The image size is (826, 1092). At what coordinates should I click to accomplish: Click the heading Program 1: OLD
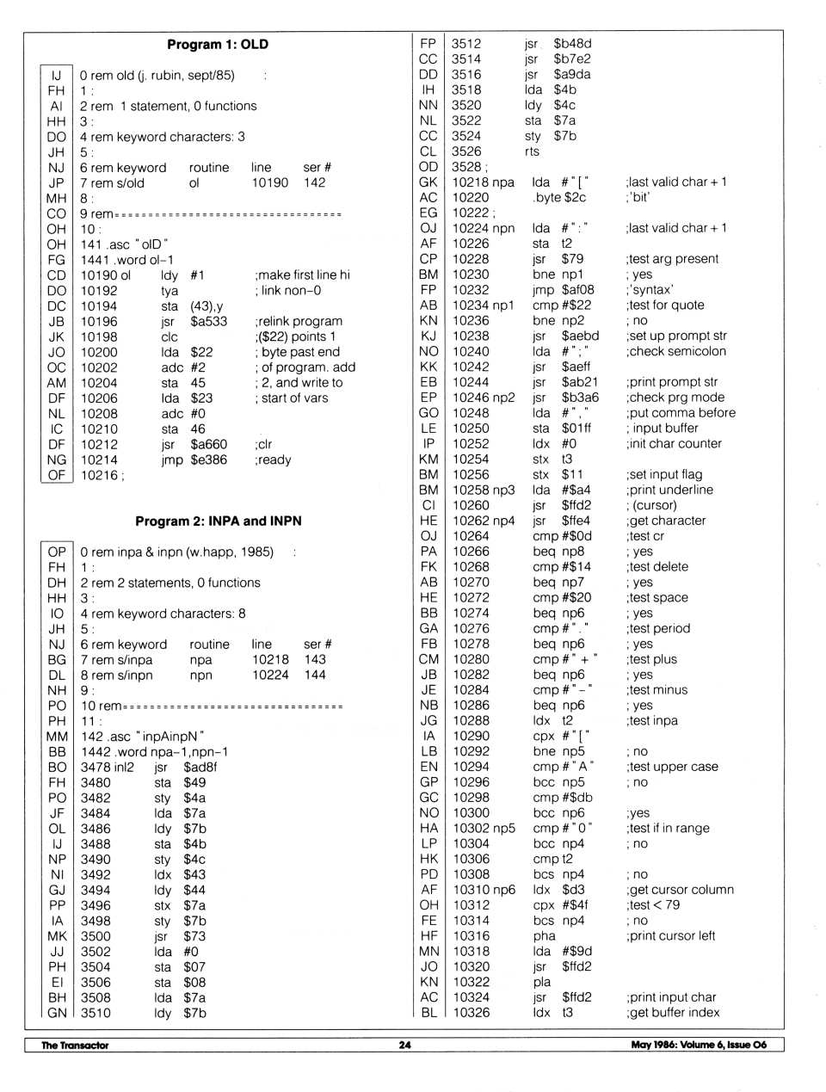click(x=218, y=44)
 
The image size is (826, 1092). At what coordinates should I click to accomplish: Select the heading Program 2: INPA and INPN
click(x=218, y=521)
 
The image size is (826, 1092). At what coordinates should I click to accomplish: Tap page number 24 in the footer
click(x=404, y=1045)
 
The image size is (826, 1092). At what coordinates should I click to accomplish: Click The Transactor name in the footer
click(x=75, y=1045)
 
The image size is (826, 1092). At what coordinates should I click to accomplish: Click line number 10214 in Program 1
click(x=99, y=460)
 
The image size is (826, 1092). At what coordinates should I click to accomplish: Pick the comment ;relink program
click(x=299, y=321)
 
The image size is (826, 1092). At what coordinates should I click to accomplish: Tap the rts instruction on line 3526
click(x=532, y=151)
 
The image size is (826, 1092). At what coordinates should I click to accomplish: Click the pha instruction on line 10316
click(x=544, y=935)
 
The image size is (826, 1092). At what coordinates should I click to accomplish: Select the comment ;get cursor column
click(x=680, y=890)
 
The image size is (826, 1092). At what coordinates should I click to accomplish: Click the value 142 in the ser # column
click(x=315, y=182)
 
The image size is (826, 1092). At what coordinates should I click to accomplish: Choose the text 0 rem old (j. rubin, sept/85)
click(x=157, y=76)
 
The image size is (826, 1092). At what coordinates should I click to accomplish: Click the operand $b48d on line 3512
click(x=572, y=43)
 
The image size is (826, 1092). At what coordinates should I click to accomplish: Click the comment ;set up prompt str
click(x=676, y=336)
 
